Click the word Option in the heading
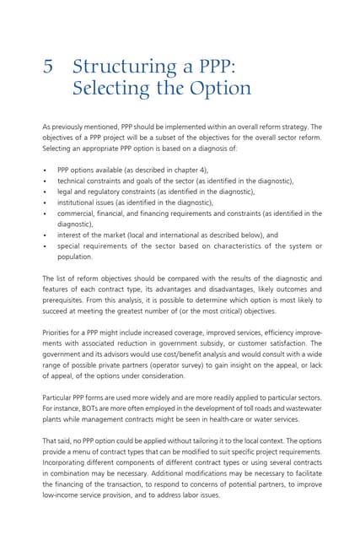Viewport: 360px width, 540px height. pyautogui.click(x=218, y=89)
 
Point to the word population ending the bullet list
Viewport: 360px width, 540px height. pyautogui.click(x=76, y=257)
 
